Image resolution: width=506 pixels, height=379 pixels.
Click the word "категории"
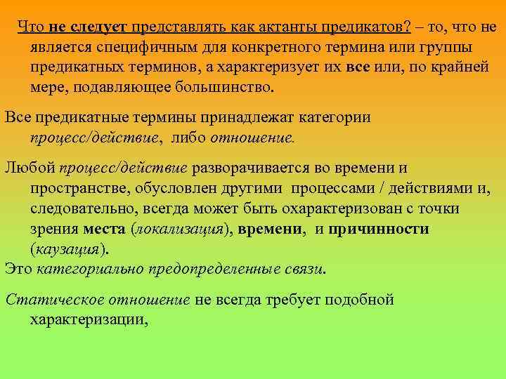click(x=332, y=117)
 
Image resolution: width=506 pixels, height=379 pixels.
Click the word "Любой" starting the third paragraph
click(x=29, y=168)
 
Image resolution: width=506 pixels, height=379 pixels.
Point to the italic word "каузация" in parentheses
click(x=67, y=249)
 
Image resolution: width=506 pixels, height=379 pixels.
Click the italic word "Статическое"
click(x=48, y=300)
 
